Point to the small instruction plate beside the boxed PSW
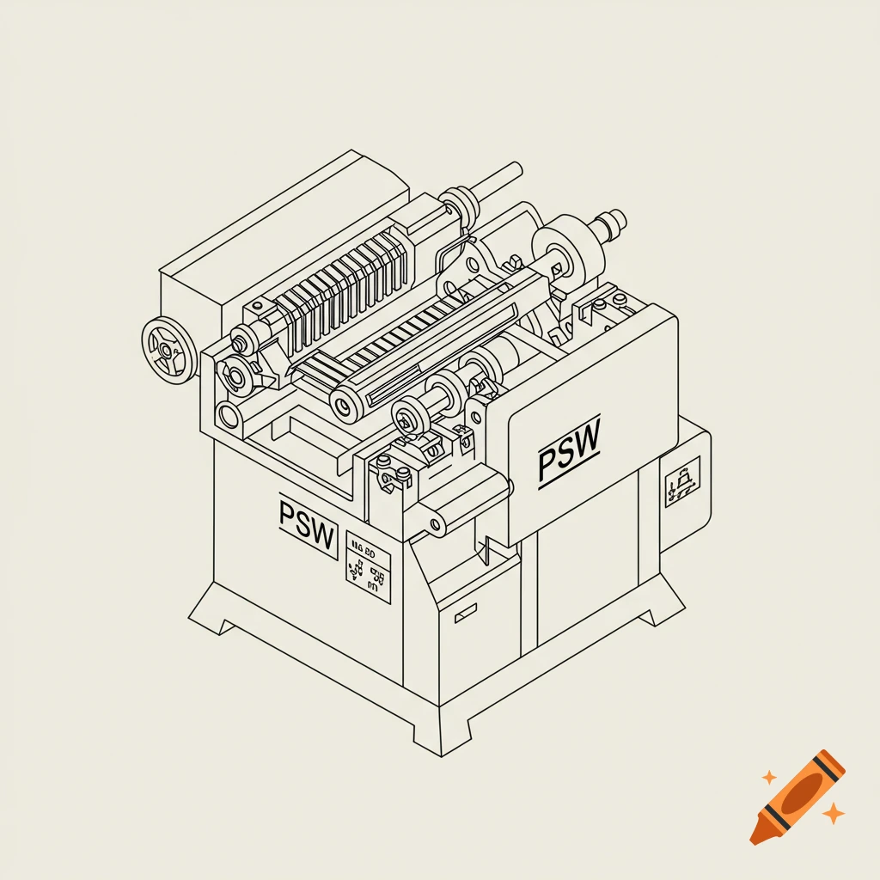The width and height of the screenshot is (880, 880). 368,567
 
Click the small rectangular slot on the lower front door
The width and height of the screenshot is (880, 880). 466,611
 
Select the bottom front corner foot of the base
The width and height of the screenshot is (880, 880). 440,737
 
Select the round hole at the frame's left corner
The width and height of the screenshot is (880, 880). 228,418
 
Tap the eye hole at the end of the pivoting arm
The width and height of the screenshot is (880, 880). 435,523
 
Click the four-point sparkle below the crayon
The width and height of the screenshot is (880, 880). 832,812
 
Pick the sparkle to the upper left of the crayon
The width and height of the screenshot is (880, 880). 768,778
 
